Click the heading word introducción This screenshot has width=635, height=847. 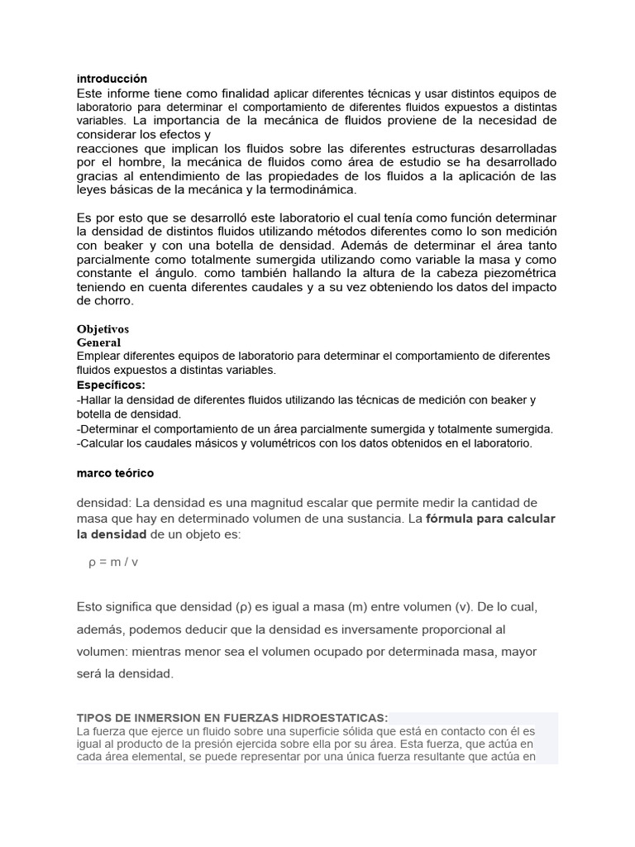112,79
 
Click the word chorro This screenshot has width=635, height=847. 113,302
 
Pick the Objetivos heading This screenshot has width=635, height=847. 103,329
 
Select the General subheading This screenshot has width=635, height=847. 98,342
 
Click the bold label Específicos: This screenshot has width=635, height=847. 111,385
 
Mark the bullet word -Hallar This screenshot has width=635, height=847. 93,400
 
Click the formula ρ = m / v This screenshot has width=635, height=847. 113,562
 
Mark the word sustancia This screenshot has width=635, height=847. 367,519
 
